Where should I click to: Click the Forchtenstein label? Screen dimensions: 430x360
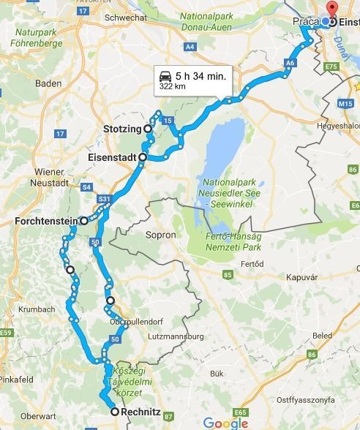(x=46, y=220)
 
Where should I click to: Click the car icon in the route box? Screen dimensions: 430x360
(x=165, y=75)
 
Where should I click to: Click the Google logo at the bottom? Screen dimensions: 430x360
(x=225, y=422)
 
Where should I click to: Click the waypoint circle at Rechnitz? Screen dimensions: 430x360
(x=115, y=412)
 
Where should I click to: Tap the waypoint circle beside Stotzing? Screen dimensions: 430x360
(x=148, y=129)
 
